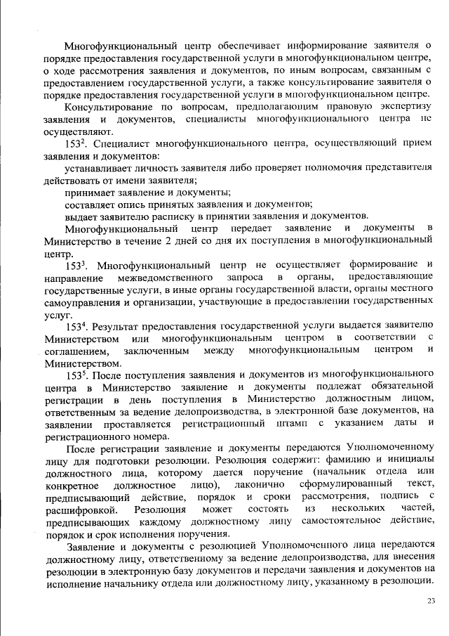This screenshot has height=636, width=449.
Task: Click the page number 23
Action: (x=431, y=599)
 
